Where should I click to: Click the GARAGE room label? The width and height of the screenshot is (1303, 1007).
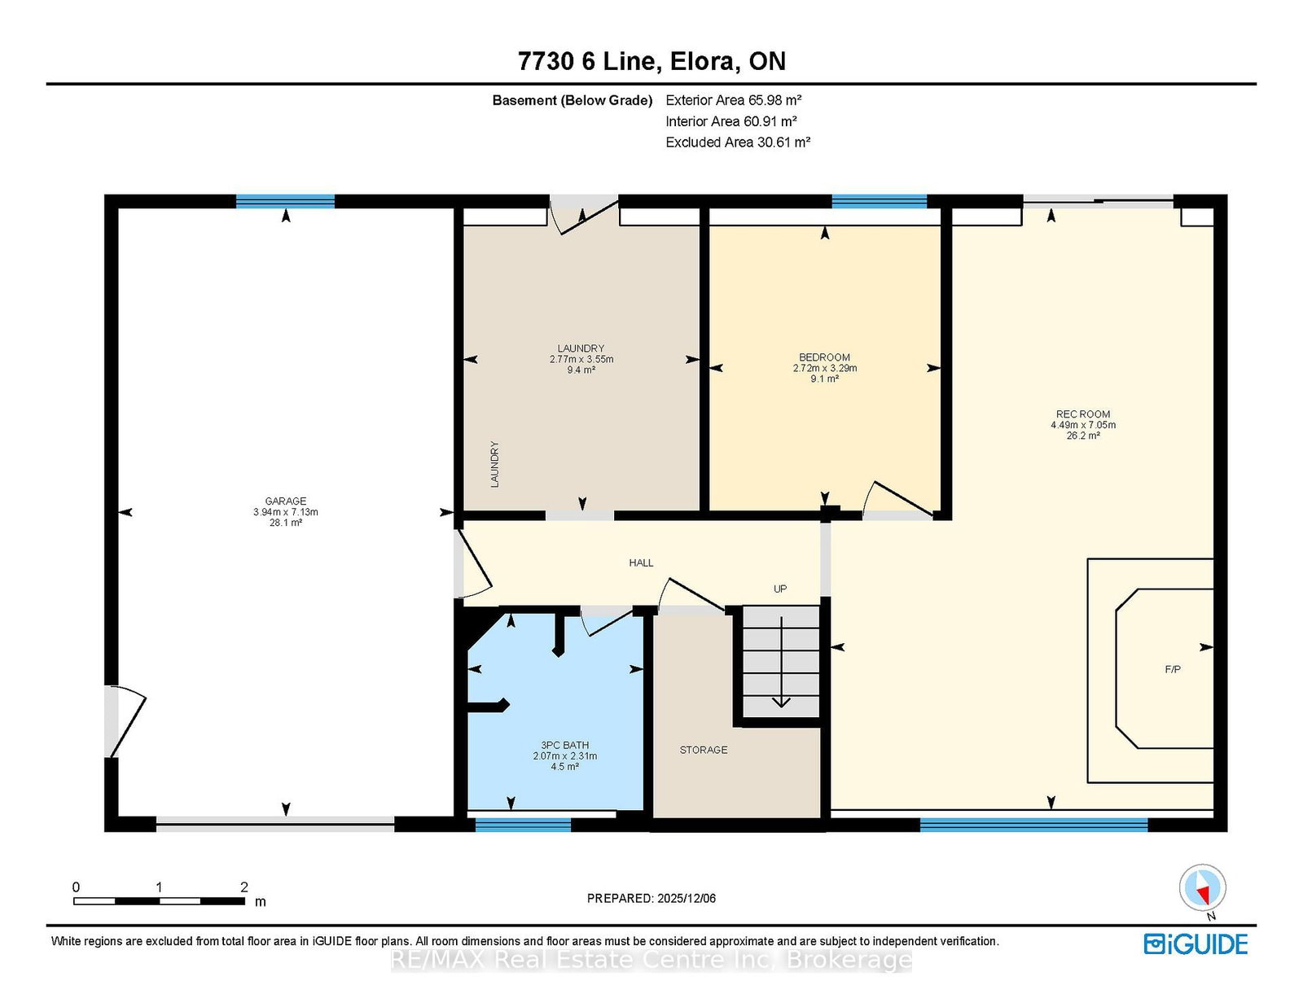tap(285, 501)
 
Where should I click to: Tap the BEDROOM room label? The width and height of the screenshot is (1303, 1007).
tap(824, 357)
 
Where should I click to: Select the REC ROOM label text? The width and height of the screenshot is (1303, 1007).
tap(1083, 414)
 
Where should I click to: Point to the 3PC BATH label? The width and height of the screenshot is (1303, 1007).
tap(564, 745)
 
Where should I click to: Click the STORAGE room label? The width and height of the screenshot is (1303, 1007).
tap(704, 750)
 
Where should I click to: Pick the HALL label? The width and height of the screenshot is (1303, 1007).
tap(641, 563)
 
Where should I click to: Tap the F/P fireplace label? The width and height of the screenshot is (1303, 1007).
tap(1173, 669)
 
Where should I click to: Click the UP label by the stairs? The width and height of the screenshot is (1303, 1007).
tap(779, 589)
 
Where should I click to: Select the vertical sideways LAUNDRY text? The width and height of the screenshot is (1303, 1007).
tap(494, 465)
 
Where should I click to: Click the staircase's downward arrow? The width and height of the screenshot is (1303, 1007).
tap(781, 663)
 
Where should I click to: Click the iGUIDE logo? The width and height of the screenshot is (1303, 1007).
tap(1196, 944)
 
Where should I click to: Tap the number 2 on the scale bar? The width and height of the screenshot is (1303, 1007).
tap(244, 887)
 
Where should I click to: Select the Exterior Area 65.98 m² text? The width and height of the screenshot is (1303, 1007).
tap(734, 100)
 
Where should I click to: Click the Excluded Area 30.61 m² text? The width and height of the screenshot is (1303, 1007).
tap(738, 142)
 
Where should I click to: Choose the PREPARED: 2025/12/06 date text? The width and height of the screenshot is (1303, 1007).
tap(651, 898)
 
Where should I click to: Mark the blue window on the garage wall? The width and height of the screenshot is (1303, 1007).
tap(285, 201)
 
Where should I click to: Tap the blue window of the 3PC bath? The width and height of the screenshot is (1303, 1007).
tap(523, 825)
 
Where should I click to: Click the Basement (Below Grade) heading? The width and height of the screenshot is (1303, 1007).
tap(572, 100)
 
